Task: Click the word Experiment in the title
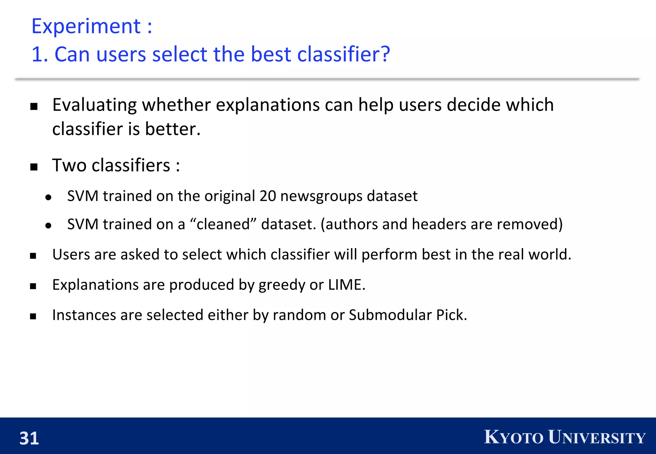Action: click(x=86, y=26)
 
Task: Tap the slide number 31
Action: click(x=29, y=438)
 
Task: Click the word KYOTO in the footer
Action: click(x=513, y=437)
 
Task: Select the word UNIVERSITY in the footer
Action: click(x=596, y=437)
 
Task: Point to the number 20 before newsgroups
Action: click(x=268, y=196)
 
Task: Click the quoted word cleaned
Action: click(x=223, y=224)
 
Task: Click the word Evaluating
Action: click(x=95, y=105)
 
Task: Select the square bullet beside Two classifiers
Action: click(x=34, y=167)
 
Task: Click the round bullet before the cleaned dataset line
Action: click(x=48, y=226)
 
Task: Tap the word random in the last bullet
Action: click(x=299, y=315)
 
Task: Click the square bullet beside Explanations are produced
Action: click(x=33, y=286)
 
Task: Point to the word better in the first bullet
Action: click(x=172, y=129)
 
